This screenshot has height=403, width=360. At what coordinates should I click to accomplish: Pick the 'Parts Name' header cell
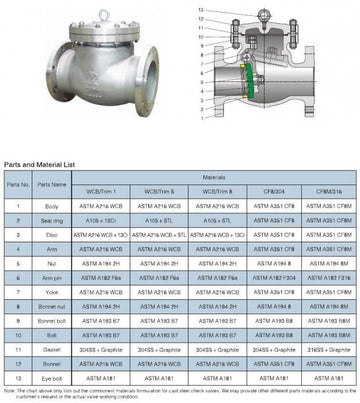point(45,184)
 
